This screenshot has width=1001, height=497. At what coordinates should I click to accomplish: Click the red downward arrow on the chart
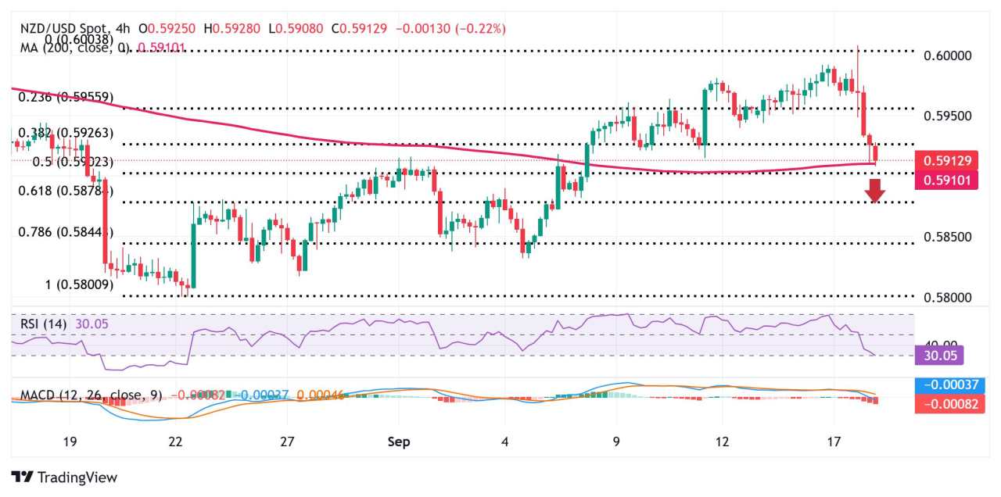point(875,190)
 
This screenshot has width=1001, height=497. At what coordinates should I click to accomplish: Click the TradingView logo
point(64,477)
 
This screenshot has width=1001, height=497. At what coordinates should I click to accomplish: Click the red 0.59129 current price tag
point(948,161)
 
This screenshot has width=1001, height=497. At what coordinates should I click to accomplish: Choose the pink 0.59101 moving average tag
point(948,180)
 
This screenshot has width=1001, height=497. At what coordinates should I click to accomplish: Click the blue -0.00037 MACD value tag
point(948,385)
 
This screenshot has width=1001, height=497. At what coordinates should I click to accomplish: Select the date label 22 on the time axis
point(176,442)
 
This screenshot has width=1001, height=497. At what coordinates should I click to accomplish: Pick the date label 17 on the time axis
point(834,442)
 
